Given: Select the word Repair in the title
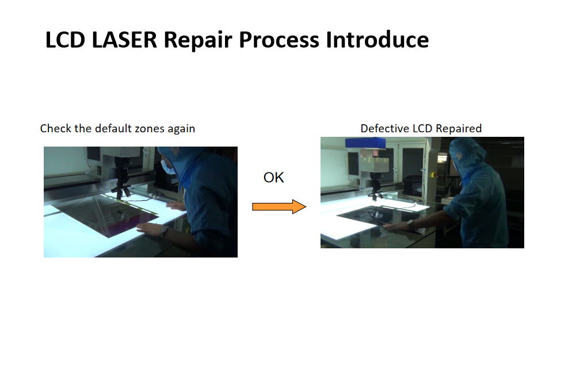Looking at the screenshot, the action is coord(198,41).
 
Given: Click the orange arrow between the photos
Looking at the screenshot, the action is coord(279,206).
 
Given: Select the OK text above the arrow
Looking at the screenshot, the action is coord(273,178).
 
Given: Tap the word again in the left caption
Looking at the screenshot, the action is coord(181,129).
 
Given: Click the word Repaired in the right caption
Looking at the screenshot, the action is coord(459,129).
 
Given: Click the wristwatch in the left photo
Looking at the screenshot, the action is coord(163,231).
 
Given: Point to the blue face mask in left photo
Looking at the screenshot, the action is coord(166,167).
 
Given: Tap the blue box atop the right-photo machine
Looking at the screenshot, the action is coord(365,143).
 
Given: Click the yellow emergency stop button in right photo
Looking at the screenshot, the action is coord(433,175).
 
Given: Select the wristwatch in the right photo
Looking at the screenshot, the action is coord(410,224).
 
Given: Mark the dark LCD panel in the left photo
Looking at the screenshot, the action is coord(106,216).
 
